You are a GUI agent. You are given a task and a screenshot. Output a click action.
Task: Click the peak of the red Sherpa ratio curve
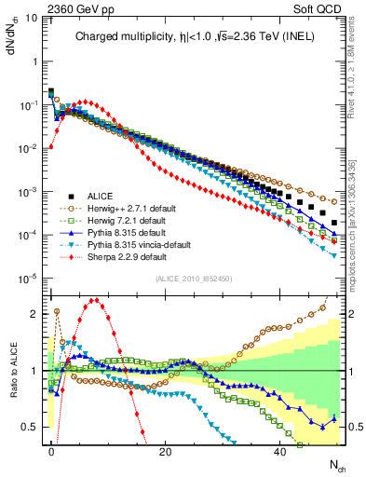[96, 300]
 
